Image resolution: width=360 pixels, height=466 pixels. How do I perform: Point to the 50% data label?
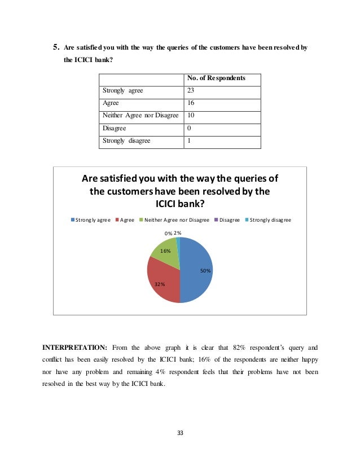point(205,271)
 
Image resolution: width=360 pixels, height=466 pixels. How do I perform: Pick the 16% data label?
point(165,250)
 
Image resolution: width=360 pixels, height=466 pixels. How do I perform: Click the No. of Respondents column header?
point(216,78)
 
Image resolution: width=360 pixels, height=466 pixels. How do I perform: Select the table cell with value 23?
point(191,91)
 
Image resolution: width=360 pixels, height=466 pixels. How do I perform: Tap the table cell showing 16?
point(191,103)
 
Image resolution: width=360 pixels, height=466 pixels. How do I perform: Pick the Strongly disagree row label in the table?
point(126,140)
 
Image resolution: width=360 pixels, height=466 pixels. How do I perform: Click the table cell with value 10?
point(191,116)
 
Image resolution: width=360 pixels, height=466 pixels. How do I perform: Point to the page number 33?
point(181,433)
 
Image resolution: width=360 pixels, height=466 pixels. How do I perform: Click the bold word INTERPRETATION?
point(75,346)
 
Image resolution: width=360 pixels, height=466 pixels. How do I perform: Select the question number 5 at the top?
point(56,48)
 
